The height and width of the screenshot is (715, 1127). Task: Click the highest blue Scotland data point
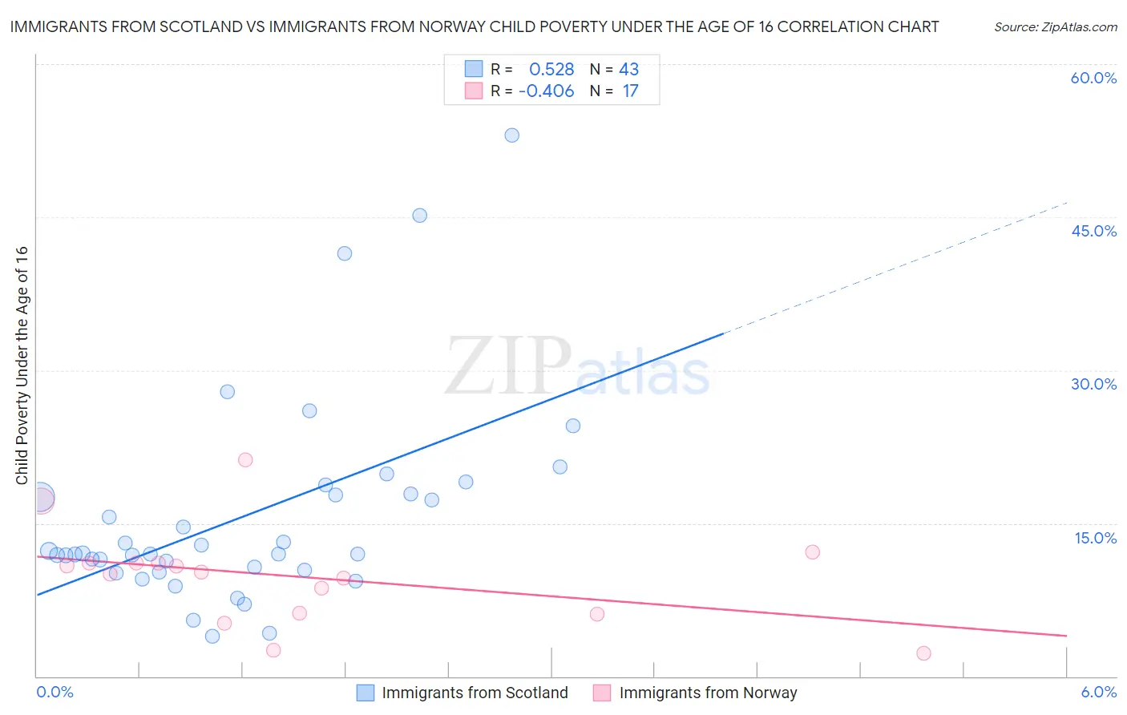[511, 135]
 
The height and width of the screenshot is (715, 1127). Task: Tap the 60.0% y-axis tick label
[1093, 78]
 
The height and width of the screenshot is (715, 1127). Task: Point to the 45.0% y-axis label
[1093, 231]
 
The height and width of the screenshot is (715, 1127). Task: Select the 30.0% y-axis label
[1093, 384]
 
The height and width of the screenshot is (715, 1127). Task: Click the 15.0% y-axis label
[1095, 538]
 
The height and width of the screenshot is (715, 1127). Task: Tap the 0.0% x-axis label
[55, 692]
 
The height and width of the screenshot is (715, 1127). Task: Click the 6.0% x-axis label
[1098, 692]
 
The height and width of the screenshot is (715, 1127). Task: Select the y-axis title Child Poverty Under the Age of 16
[22, 365]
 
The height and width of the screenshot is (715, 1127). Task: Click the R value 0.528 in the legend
[551, 70]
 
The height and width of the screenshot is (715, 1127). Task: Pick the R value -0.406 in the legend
[547, 91]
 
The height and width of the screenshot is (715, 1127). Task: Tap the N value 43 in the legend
[628, 70]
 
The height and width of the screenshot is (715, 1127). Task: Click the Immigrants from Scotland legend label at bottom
[475, 693]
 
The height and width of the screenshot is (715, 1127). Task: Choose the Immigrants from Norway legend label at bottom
[708, 693]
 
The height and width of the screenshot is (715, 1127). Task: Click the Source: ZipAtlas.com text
[1055, 27]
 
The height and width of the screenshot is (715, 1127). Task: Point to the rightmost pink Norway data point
[923, 653]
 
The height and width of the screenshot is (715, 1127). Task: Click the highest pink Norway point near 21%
[245, 460]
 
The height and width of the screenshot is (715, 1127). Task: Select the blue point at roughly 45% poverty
[419, 216]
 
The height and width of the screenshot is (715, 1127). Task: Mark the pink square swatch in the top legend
[474, 91]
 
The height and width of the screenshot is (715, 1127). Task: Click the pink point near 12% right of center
[812, 552]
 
